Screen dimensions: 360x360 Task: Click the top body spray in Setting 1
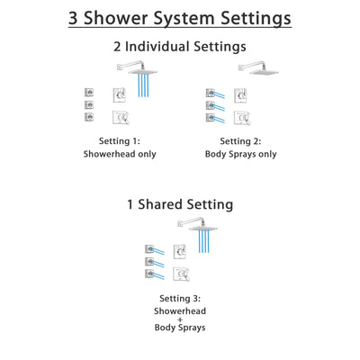pyautogui.click(x=89, y=92)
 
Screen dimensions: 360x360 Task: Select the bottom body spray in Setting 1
pyautogui.click(x=89, y=117)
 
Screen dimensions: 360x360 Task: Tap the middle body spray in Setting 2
pyautogui.click(x=212, y=105)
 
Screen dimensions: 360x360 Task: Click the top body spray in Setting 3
pyautogui.click(x=149, y=248)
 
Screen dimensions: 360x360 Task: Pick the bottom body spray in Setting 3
pyautogui.click(x=149, y=274)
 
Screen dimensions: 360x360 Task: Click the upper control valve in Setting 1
pyautogui.click(x=120, y=95)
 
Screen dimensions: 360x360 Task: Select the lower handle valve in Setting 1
pyautogui.click(x=120, y=116)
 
